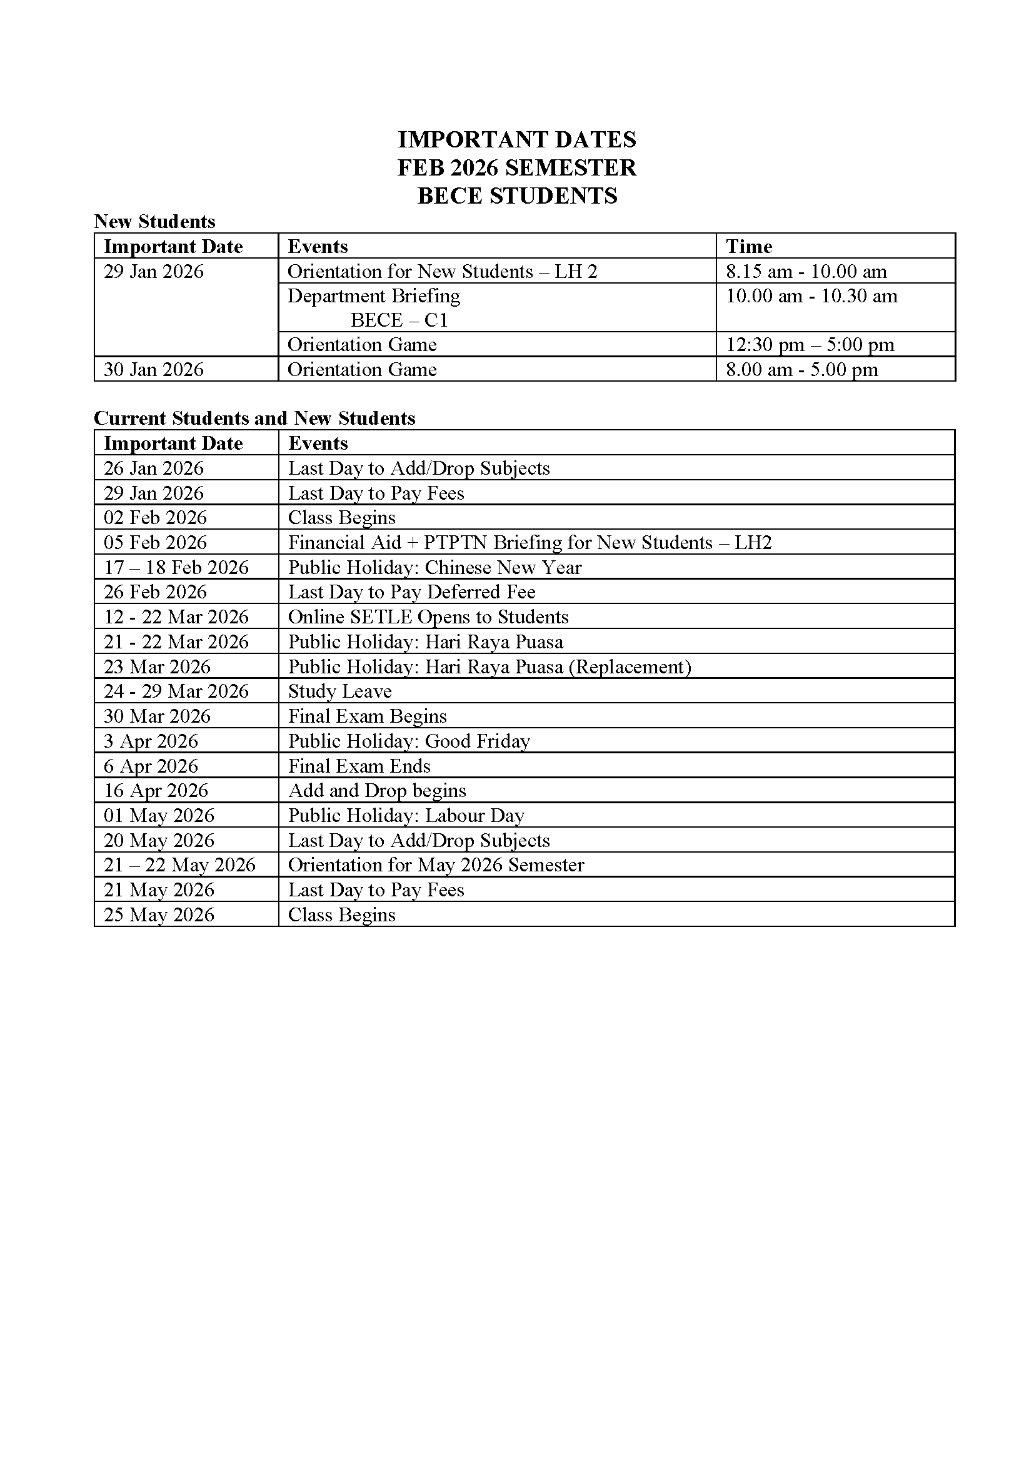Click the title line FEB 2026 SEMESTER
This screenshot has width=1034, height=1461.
pyautogui.click(x=516, y=168)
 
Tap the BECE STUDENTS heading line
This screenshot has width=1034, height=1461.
pyautogui.click(x=516, y=196)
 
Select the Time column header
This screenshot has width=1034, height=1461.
pyautogui.click(x=749, y=246)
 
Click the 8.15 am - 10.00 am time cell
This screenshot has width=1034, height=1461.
pyautogui.click(x=806, y=272)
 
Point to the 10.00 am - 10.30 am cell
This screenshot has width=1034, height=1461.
pyautogui.click(x=811, y=297)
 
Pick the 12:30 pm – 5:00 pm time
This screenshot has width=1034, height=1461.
pyautogui.click(x=810, y=345)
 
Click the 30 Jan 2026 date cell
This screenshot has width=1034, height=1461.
pyautogui.click(x=153, y=370)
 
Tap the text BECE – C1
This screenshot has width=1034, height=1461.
pyautogui.click(x=399, y=320)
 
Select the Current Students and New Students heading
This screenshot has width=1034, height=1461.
pyautogui.click(x=254, y=418)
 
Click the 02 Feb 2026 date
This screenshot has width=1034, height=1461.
pyautogui.click(x=156, y=517)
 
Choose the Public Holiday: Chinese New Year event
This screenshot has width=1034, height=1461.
pyautogui.click(x=434, y=567)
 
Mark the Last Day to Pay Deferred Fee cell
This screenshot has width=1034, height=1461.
pyautogui.click(x=411, y=592)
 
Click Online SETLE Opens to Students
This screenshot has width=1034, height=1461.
pyautogui.click(x=428, y=617)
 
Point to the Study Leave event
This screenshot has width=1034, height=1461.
pyautogui.click(x=339, y=691)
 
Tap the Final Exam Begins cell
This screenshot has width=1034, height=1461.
pyautogui.click(x=368, y=716)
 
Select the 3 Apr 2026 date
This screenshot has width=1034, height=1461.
pyautogui.click(x=151, y=741)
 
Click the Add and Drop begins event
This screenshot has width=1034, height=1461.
pyautogui.click(x=377, y=790)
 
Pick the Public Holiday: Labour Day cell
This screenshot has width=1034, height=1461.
pyautogui.click(x=406, y=815)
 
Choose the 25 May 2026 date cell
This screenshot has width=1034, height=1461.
pyautogui.click(x=159, y=914)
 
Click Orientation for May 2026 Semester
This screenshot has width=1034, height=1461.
pyautogui.click(x=436, y=864)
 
